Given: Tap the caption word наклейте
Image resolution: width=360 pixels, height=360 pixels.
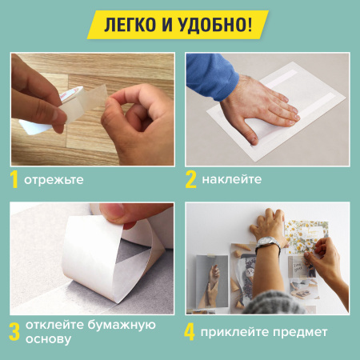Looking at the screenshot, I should click(x=233, y=180).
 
